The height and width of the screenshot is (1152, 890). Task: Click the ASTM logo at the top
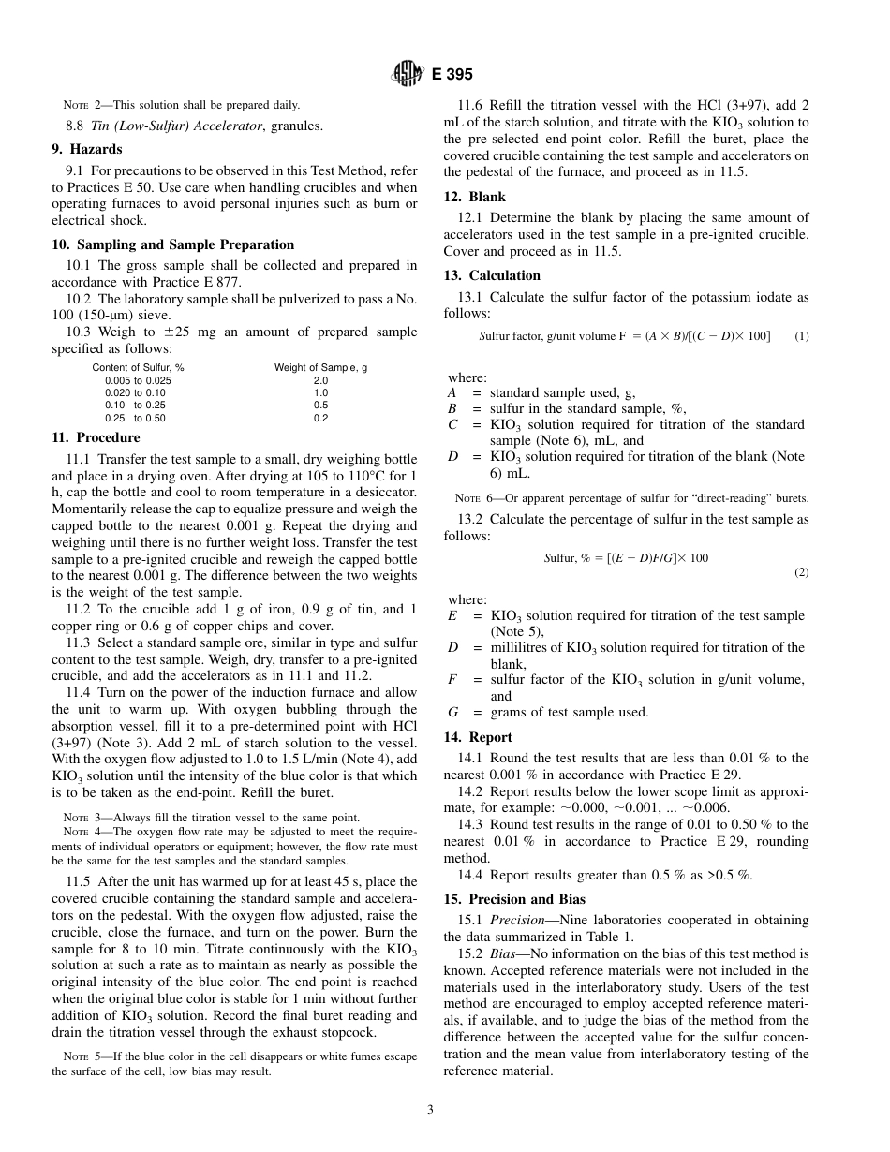click(407, 73)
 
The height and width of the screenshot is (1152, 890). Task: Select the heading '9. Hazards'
click(87, 149)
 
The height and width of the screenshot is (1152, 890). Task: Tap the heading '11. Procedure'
click(96, 437)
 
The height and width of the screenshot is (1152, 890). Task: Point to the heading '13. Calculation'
click(492, 275)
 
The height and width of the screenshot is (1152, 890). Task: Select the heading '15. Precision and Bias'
click(514, 899)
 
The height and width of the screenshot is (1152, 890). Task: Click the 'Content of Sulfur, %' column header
click(138, 367)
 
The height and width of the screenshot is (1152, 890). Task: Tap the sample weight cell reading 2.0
click(320, 381)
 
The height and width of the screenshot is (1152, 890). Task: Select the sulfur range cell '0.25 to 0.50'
click(135, 419)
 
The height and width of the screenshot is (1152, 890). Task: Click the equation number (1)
click(801, 336)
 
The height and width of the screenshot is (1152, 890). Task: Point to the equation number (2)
click(801, 572)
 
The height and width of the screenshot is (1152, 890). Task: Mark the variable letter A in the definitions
click(452, 393)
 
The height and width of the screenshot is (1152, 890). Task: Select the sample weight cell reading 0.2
click(320, 419)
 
